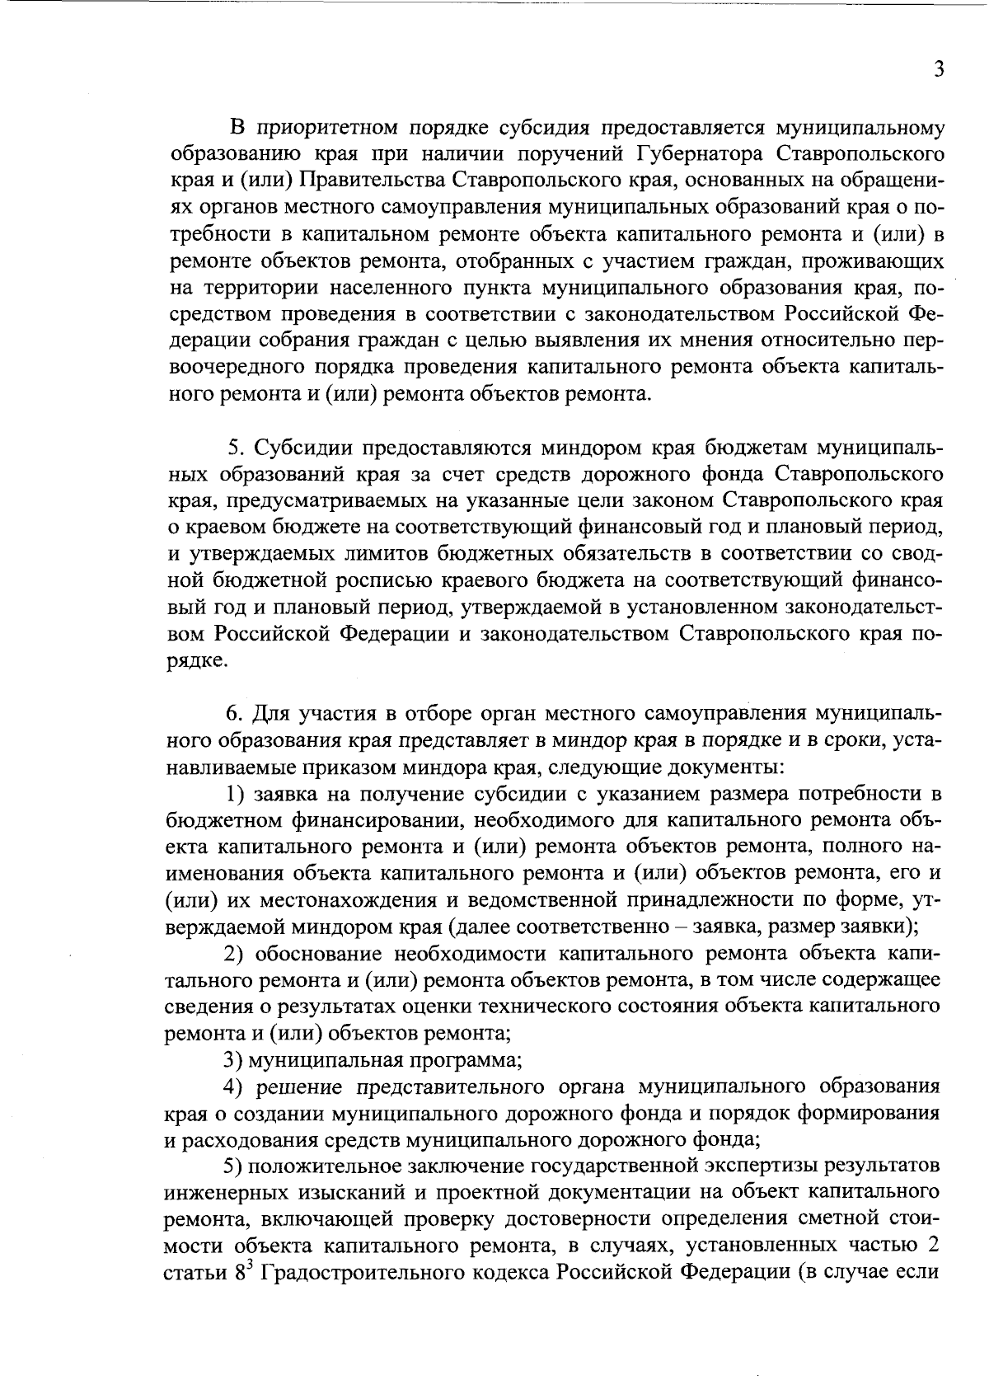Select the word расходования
[x=258, y=1140]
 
